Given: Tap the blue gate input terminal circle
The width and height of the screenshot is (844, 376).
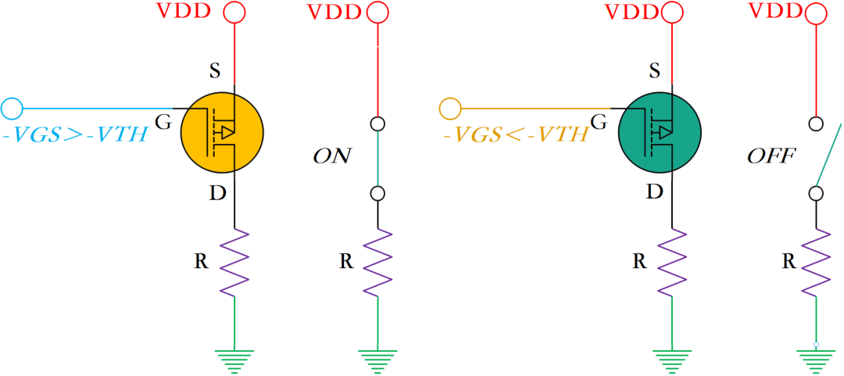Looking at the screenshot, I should tap(13, 107).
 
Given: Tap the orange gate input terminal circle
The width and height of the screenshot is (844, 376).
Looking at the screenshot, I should tap(450, 107).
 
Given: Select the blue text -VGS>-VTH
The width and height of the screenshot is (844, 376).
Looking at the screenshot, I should tap(75, 134).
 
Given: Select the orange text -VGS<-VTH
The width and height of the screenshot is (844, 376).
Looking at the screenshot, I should tap(514, 134).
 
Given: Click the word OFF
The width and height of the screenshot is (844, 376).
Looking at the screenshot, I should tap(771, 156).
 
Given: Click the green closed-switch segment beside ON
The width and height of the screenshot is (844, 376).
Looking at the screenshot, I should tap(378, 158).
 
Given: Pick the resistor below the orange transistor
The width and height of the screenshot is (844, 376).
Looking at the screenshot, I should tap(234, 262).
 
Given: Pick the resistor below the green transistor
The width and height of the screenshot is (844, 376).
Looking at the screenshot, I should tap(672, 262).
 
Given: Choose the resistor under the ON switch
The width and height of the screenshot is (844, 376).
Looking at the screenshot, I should tap(378, 262).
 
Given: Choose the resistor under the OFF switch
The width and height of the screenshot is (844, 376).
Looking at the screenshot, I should tap(816, 262).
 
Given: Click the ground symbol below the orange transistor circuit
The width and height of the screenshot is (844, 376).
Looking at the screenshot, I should tap(234, 360).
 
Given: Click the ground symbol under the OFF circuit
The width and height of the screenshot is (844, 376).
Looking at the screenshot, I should tap(816, 360).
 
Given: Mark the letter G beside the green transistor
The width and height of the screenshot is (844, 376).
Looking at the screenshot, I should tap(599, 121).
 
